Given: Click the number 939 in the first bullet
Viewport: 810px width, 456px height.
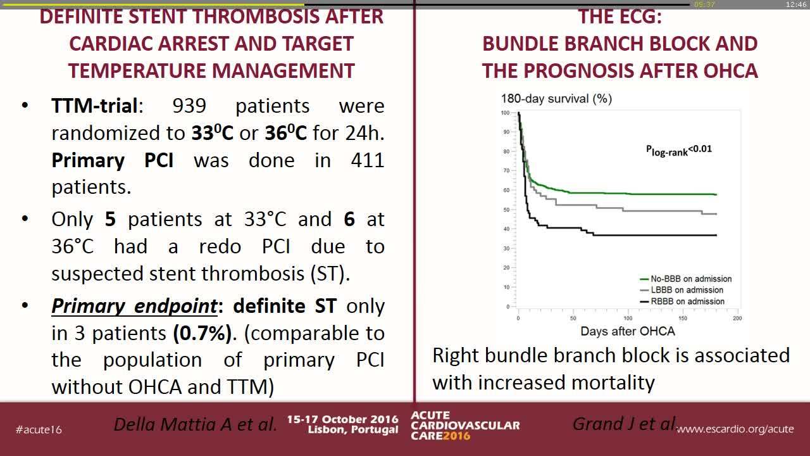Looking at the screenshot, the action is point(189,106).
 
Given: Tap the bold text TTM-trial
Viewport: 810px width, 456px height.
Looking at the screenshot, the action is point(94,106).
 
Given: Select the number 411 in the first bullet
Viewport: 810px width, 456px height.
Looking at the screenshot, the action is point(368,160).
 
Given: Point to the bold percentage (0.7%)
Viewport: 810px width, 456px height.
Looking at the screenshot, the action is point(202,333).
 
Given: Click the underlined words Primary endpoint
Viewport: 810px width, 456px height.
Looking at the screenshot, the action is point(135,306).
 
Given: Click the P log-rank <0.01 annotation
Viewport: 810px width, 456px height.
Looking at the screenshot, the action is point(679,150).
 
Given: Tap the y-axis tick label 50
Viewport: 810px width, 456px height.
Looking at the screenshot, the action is point(506,210).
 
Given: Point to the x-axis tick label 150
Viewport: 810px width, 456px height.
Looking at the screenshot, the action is point(683,318).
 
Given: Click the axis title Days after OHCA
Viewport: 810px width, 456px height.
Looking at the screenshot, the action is point(628,331).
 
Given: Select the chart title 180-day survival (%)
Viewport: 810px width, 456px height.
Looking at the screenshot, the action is point(556,98).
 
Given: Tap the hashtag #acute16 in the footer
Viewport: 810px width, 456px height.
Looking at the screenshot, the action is point(39,429).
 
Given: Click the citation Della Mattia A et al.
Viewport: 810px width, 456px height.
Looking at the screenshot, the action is point(196,424).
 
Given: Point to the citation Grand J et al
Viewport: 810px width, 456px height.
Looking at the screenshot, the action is point(624,424).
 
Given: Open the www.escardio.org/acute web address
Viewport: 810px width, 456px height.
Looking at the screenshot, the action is point(735,429).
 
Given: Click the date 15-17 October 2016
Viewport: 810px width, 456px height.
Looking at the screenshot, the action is point(342,419).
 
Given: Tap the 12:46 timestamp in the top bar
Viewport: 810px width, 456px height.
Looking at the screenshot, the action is point(795,4).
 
